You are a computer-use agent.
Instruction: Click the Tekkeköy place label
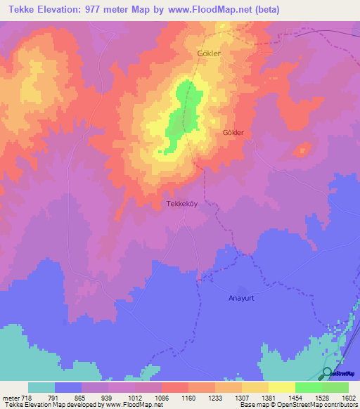185,204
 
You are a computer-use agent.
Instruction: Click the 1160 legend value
188,398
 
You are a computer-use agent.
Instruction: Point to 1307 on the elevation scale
242,398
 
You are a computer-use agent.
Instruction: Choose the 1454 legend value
295,398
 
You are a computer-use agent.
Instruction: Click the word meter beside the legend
9,398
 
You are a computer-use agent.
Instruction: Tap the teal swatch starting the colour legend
41,387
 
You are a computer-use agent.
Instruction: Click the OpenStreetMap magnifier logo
328,374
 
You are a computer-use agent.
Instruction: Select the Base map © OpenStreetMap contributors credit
299,405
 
